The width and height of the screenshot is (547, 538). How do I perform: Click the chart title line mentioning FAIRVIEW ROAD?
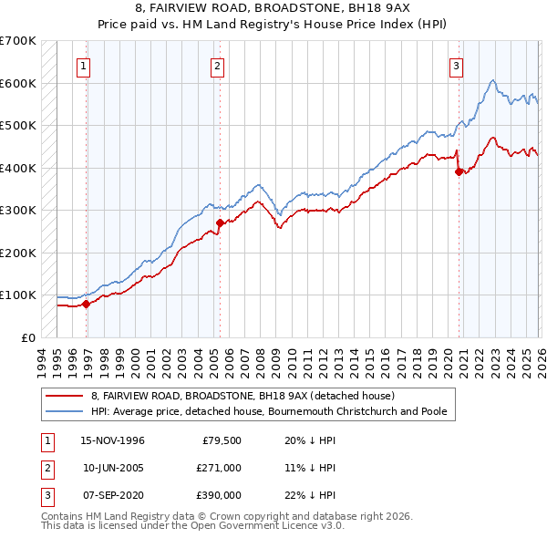[x=273, y=8]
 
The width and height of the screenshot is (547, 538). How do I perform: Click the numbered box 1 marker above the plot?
[x=83, y=65]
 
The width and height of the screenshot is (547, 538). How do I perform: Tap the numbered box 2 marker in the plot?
[x=218, y=65]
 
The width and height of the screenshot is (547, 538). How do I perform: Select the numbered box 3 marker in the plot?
[x=455, y=65]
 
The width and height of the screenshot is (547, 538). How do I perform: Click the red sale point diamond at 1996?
[x=87, y=304]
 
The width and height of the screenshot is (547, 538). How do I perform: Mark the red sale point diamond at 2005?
[x=220, y=222]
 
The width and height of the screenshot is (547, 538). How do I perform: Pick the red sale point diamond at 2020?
[x=458, y=172]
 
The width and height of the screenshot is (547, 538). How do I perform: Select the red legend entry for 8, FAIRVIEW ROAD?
[x=242, y=396]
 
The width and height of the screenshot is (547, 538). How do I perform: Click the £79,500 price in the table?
[x=219, y=440]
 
